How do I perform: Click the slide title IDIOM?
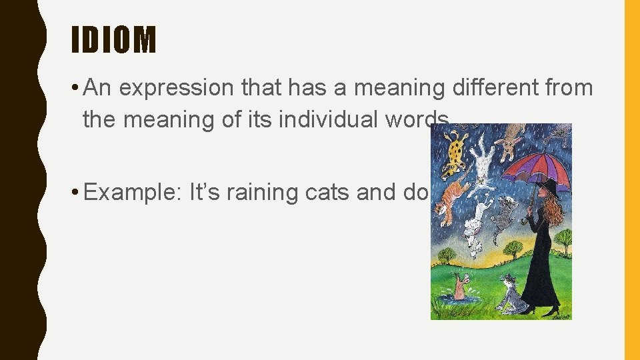114,40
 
